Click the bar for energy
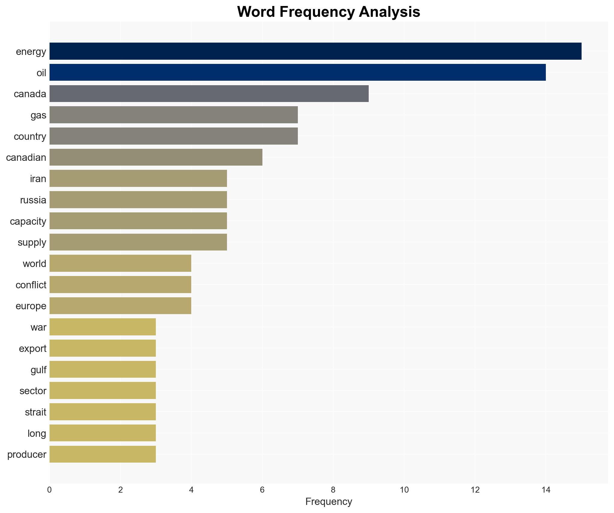point(315,51)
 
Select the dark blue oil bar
point(297,72)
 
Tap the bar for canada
point(209,94)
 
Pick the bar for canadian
point(156,157)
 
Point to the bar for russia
point(138,200)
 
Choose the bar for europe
point(120,306)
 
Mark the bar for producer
point(102,454)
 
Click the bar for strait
point(102,412)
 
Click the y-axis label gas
point(38,115)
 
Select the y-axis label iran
point(38,179)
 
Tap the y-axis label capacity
point(28,221)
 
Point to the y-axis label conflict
point(31,285)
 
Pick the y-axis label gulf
point(38,370)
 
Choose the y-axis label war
point(38,327)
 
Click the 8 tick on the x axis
point(333,490)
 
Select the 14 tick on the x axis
point(546,490)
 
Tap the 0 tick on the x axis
point(50,490)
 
